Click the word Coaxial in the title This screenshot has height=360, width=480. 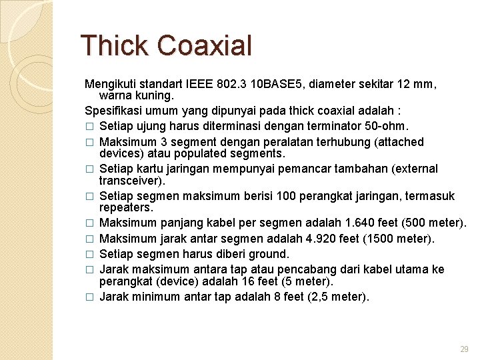(205, 45)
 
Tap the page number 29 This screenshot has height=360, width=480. (464, 349)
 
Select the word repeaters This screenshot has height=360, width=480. (126, 207)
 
